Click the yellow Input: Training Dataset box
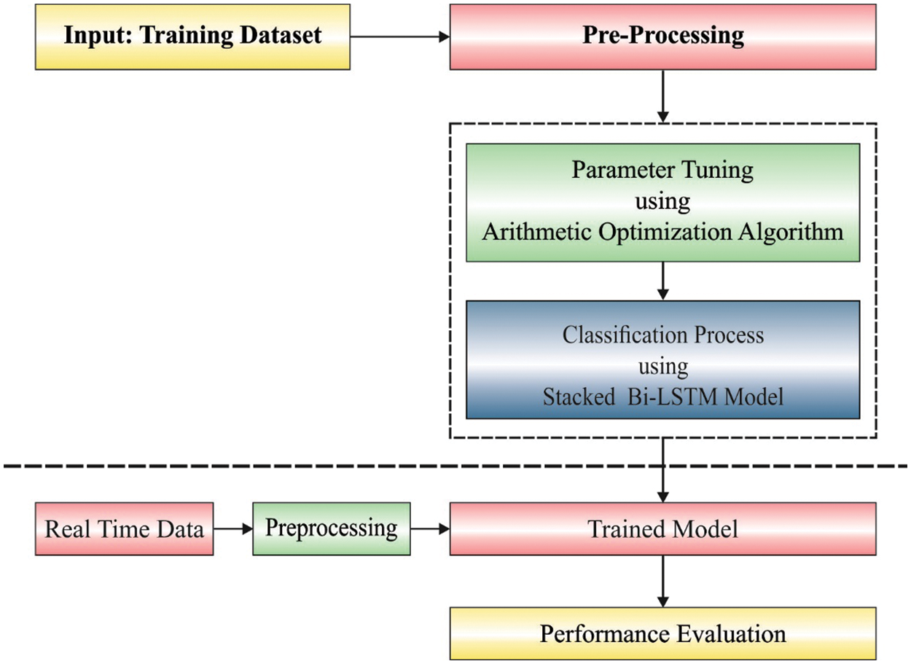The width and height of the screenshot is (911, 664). coord(192,37)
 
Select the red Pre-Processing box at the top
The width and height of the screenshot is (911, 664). coord(662,37)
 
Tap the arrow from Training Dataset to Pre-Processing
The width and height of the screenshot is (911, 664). coord(399,36)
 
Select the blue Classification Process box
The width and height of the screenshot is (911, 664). coord(662,359)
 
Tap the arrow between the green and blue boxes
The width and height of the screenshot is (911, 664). coord(662,281)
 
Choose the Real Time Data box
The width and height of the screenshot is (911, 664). coord(125,528)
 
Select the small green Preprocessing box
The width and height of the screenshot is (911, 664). coord(331,528)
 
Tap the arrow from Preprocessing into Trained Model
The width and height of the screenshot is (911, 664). coord(429,528)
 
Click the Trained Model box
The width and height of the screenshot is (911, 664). coord(662,528)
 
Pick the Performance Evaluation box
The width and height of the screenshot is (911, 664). coord(662,633)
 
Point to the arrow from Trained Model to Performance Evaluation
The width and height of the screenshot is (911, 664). coord(662,581)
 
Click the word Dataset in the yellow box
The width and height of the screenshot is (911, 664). coord(275,36)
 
